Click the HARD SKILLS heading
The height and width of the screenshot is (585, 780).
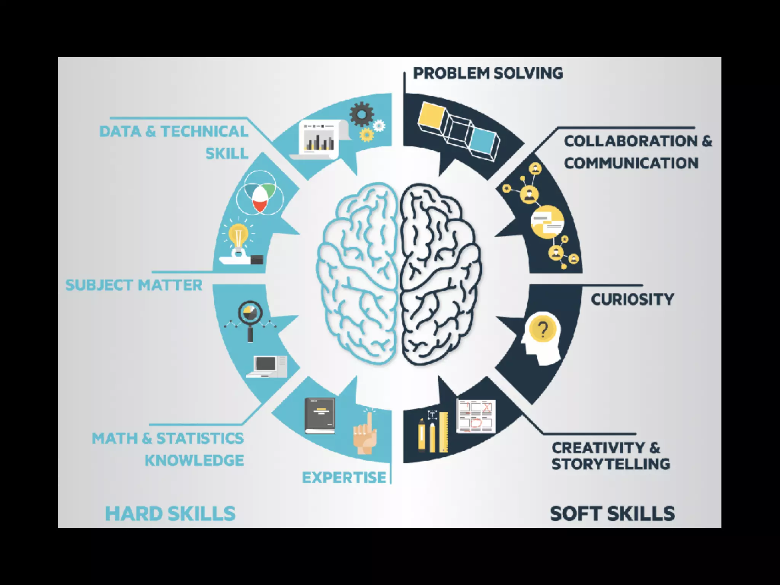[x=170, y=513]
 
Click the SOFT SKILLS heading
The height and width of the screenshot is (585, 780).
[x=612, y=513]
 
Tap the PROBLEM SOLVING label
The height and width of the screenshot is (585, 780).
[x=488, y=73]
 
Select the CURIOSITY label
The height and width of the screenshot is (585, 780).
[x=632, y=299]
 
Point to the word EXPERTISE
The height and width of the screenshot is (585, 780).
[x=344, y=477]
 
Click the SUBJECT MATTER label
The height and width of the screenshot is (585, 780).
[x=134, y=285]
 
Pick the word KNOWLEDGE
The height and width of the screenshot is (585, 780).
[x=194, y=460]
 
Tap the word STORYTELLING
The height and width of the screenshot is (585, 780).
[x=611, y=464]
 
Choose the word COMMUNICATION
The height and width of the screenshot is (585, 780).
[x=631, y=163]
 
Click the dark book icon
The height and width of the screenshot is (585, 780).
[x=320, y=416]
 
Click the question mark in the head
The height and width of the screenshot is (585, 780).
[x=543, y=328]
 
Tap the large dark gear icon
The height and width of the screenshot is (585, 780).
[x=361, y=113]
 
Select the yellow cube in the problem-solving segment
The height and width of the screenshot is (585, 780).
[x=432, y=118]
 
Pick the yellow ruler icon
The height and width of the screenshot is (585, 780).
[x=444, y=432]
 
